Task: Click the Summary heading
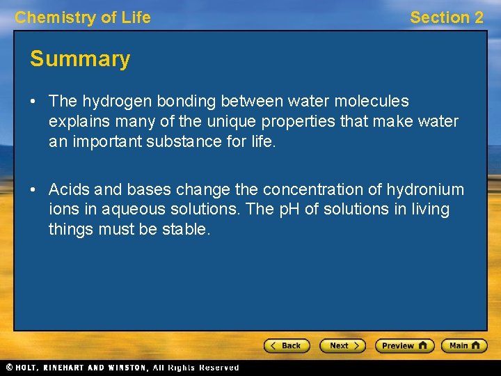80,60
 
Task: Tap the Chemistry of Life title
83,18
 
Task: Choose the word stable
186,229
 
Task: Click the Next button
342,345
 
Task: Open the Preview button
404,345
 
